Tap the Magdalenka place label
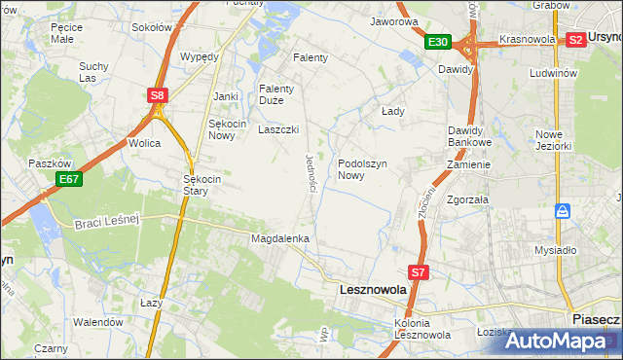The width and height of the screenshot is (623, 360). tap(280, 238)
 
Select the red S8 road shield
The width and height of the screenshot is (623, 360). tap(159, 95)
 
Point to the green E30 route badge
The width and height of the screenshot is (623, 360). tap(437, 42)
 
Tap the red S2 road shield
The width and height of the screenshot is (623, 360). tap(575, 40)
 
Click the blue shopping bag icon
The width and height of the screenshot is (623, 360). tap(563, 210)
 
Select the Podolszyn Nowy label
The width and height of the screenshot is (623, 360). tap(364, 169)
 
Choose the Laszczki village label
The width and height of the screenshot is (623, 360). tap(277, 129)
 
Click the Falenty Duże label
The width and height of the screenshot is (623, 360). tap(275, 94)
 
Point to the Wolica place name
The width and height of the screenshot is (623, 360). tap(144, 143)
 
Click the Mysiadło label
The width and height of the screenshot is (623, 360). tap(556, 250)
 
